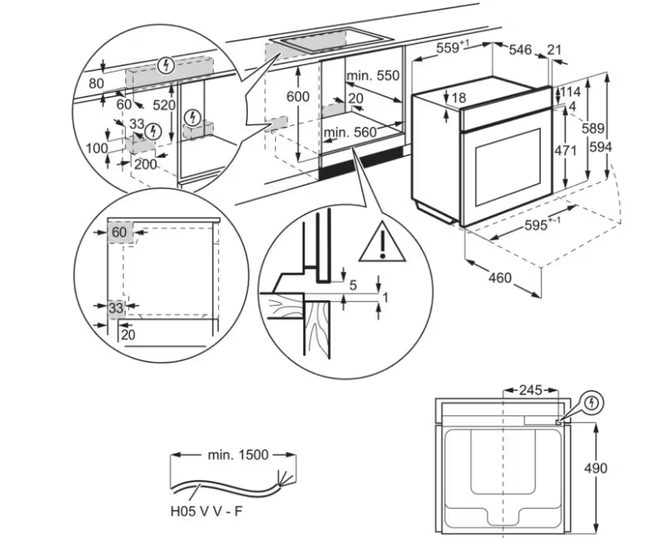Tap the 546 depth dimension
tap(520, 49)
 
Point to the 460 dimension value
tap(500, 278)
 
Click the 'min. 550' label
tap(373, 76)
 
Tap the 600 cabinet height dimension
tap(297, 97)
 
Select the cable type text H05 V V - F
tap(207, 511)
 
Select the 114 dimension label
tap(570, 91)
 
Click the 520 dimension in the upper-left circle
tap(165, 106)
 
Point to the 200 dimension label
tap(145, 164)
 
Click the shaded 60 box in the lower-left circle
tap(120, 233)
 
